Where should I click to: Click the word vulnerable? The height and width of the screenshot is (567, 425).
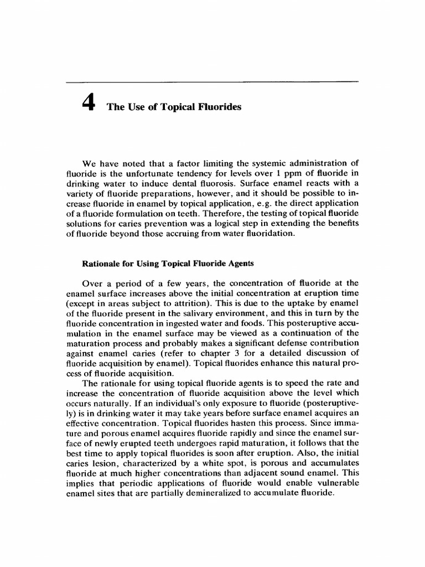335,483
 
